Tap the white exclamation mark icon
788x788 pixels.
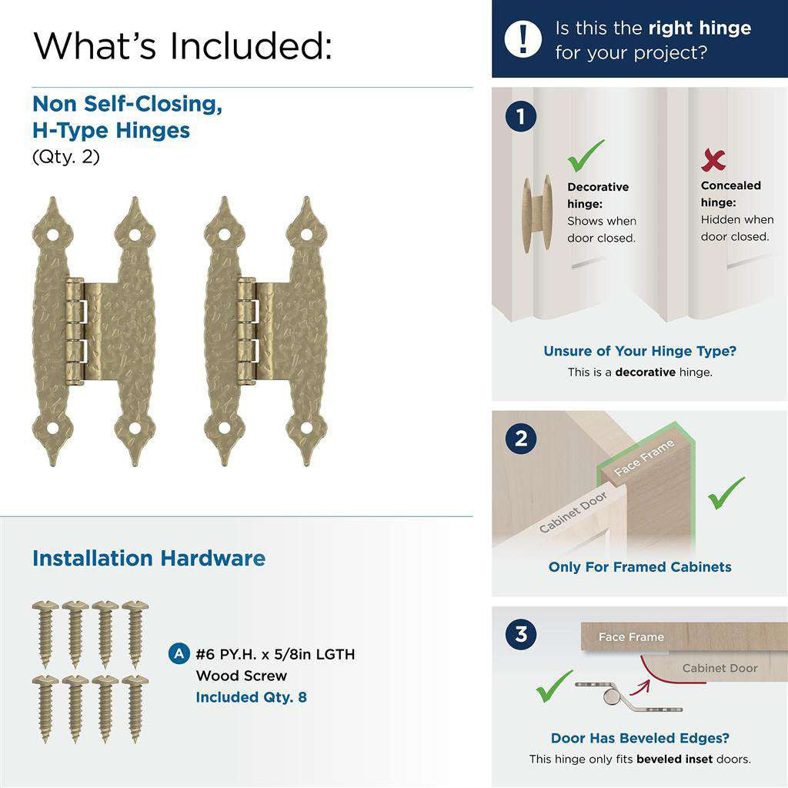click(523, 38)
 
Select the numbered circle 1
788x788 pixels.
click(521, 117)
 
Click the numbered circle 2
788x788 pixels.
click(521, 439)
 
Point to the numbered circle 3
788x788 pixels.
click(521, 635)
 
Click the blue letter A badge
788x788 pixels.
click(179, 654)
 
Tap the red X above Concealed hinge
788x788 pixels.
click(713, 160)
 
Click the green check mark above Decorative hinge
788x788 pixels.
click(586, 155)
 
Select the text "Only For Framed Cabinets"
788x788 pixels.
click(639, 567)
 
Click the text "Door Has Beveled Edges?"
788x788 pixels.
click(639, 738)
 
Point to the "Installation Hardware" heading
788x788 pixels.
click(149, 558)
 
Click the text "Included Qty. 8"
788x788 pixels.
click(251, 697)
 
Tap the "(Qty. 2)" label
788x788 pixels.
click(65, 157)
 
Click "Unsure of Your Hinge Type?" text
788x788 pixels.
click(639, 351)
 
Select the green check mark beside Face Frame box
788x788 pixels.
click(726, 493)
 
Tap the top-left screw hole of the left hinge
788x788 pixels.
click(52, 233)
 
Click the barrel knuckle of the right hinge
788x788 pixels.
click(245, 331)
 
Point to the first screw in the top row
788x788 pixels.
click(45, 633)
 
